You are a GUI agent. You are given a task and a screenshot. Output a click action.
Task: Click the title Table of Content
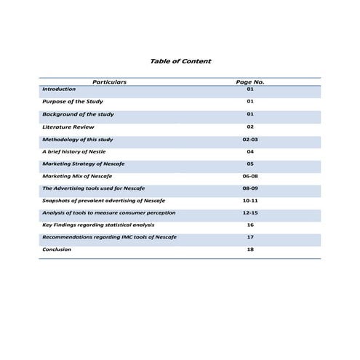(180, 61)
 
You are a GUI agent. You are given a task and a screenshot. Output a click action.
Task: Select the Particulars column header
(109, 82)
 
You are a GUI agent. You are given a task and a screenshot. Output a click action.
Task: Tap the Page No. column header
(249, 82)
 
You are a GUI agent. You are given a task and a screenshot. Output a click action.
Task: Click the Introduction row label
(59, 89)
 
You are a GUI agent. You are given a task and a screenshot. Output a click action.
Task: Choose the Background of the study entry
(78, 114)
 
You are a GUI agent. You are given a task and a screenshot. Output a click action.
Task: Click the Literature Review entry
(68, 127)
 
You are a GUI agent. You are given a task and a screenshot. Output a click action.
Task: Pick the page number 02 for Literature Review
(249, 127)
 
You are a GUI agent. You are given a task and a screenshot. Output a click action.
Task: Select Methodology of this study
(78, 139)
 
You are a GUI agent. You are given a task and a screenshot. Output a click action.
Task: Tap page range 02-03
(249, 139)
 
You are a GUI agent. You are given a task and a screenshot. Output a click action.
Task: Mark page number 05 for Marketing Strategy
(249, 164)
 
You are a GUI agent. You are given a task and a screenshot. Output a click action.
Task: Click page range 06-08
(249, 176)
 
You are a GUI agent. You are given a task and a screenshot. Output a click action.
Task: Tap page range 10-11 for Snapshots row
(249, 200)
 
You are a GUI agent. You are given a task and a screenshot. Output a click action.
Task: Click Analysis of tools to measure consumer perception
(108, 212)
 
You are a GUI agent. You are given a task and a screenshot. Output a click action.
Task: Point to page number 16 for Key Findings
(249, 225)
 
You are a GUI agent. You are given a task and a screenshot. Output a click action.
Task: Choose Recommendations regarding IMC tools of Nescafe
(109, 237)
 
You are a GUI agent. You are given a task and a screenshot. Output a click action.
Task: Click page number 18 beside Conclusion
(249, 249)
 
